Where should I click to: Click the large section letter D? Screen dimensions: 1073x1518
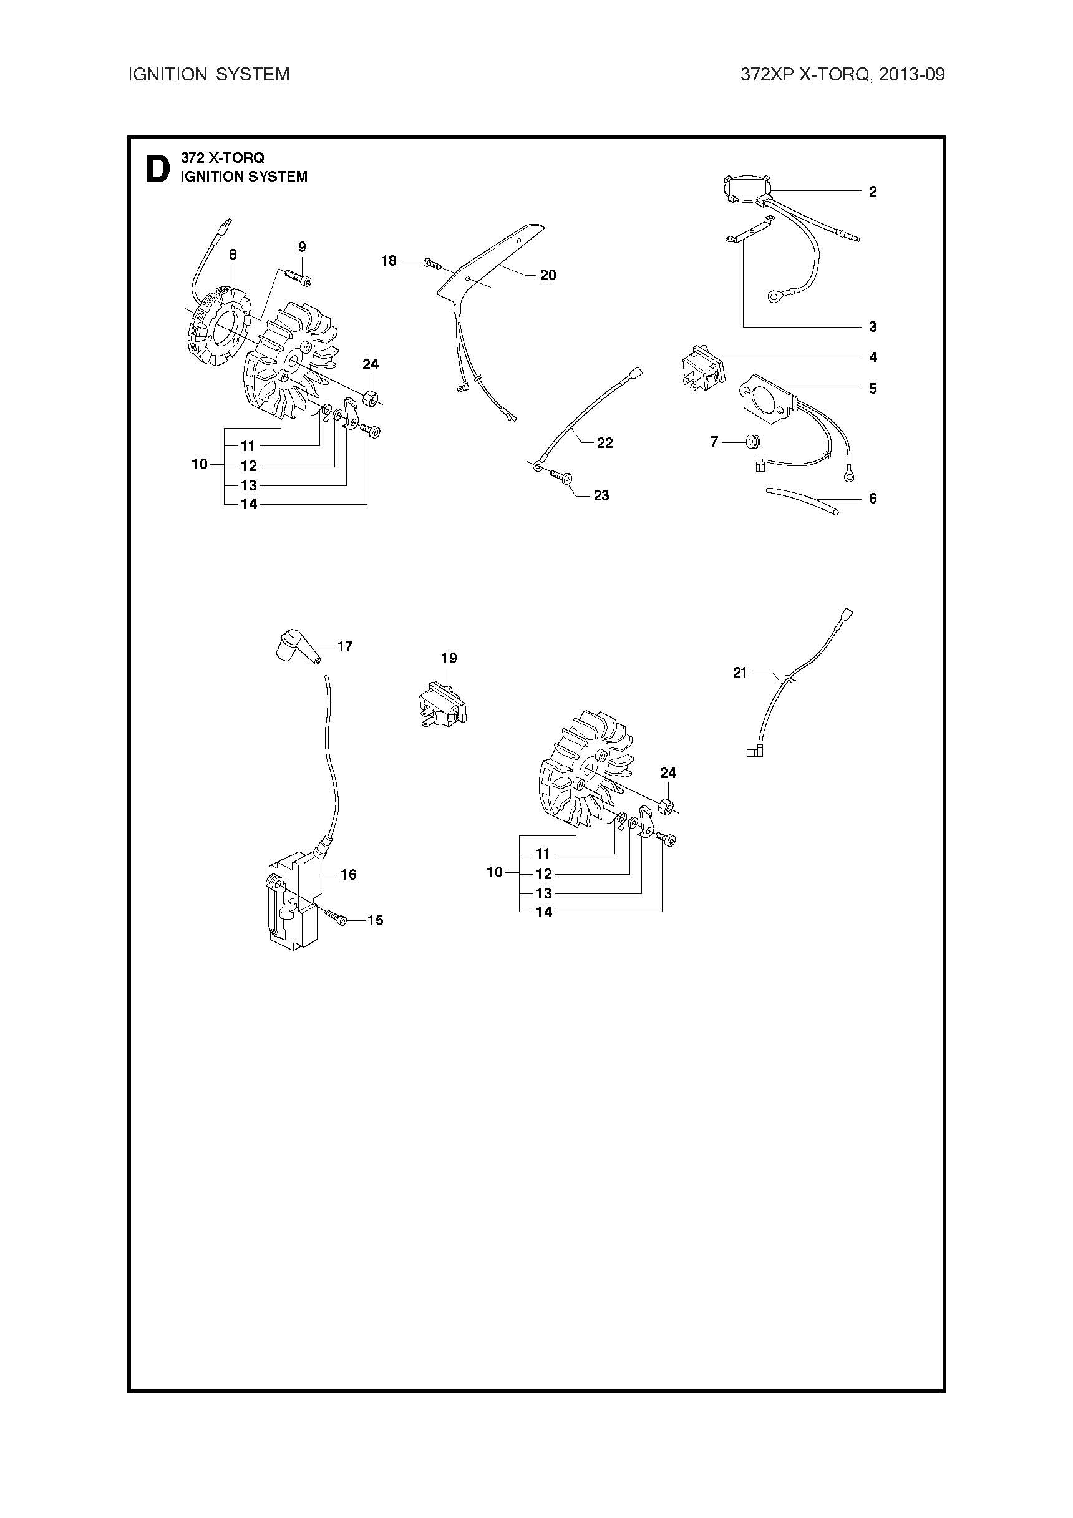tap(157, 168)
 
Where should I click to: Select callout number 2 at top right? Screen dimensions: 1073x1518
tap(873, 192)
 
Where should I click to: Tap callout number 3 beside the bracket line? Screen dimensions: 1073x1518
tap(873, 326)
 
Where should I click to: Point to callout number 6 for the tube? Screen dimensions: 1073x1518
tap(873, 499)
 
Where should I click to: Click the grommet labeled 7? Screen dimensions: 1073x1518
tap(752, 440)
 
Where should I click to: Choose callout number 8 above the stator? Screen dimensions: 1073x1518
tap(233, 255)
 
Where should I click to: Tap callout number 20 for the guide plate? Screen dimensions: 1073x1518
tap(548, 275)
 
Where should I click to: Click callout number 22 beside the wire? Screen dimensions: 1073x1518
tap(605, 443)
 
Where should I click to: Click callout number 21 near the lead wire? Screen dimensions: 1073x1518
tap(740, 673)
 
